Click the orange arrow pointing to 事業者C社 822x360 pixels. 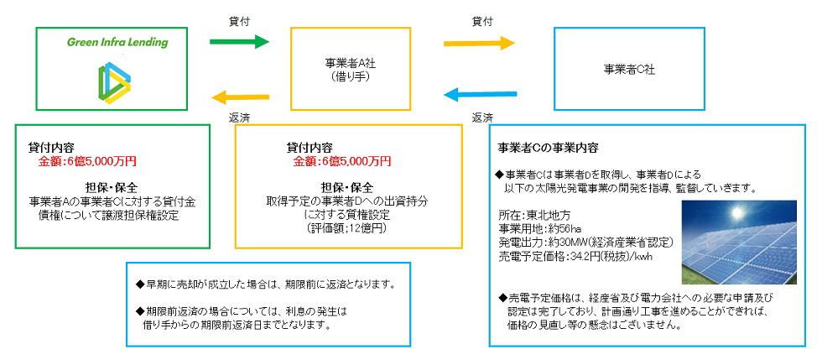479,41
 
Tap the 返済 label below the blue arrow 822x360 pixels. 482,117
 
